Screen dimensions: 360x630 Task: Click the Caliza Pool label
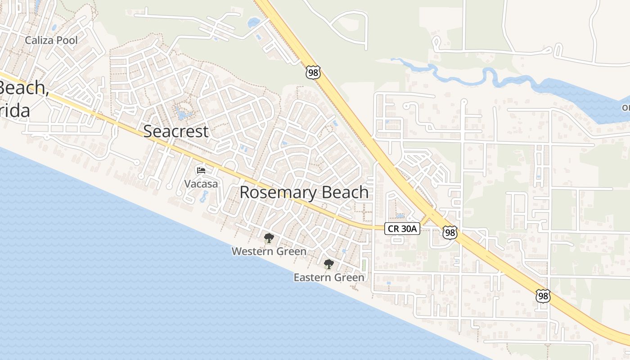point(51,40)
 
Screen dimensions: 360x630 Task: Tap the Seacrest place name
point(176,131)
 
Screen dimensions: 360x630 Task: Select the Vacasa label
point(201,184)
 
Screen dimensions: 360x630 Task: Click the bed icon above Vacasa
point(201,171)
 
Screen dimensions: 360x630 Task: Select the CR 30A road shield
point(402,229)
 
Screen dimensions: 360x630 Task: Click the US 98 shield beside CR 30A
point(450,232)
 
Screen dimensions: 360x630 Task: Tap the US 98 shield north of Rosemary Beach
point(312,72)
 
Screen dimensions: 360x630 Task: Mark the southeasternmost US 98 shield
point(543,296)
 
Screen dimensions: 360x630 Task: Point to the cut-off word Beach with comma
point(23,88)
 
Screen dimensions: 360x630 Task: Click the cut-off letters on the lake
point(625,108)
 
